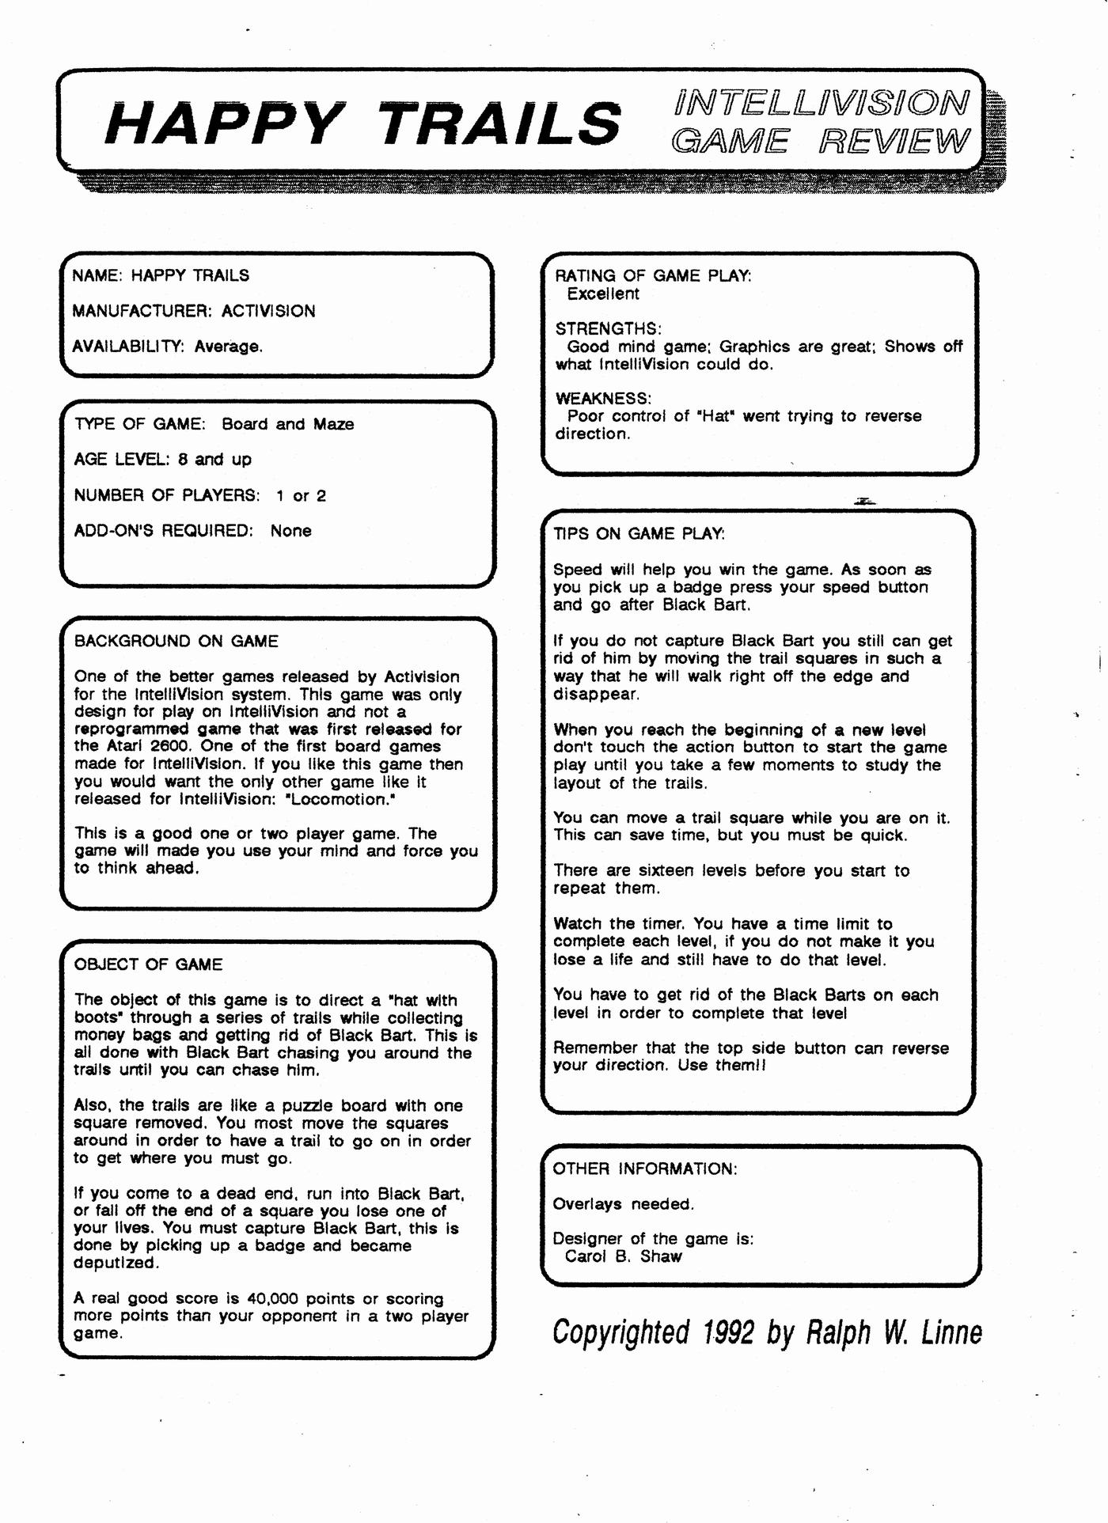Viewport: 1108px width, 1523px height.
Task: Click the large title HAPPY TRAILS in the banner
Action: [x=362, y=123]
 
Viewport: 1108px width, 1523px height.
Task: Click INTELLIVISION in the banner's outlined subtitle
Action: [x=821, y=103]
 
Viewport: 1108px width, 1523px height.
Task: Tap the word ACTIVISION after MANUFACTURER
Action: [x=268, y=311]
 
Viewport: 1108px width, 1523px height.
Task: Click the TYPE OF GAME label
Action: [x=140, y=424]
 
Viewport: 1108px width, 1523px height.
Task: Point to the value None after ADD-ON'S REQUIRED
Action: [x=290, y=531]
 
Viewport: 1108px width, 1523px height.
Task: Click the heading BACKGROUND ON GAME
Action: [x=176, y=641]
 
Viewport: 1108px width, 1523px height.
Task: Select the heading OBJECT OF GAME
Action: [x=148, y=964]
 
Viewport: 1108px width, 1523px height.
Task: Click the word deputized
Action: [x=116, y=1263]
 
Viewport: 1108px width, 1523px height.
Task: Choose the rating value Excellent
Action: [x=603, y=294]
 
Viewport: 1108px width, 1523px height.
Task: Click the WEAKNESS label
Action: [x=603, y=398]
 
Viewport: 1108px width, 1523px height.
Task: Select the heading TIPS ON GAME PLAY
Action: [x=639, y=534]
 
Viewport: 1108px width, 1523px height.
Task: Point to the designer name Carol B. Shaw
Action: [x=623, y=1256]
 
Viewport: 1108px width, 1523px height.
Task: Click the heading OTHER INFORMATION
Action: [x=644, y=1169]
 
